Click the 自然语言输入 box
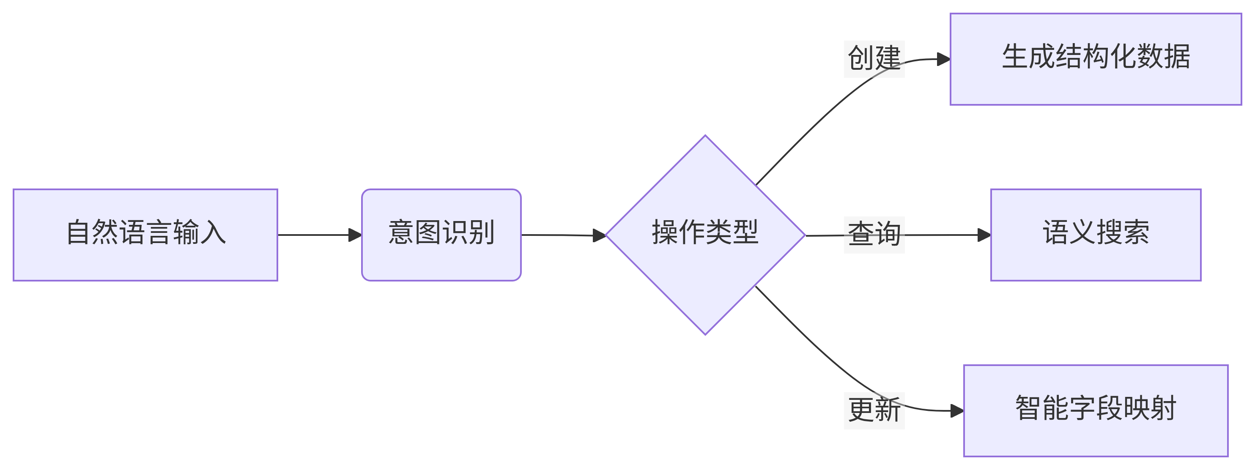pos(145,235)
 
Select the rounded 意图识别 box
pos(441,235)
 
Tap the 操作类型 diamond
pos(705,235)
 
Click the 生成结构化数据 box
pos(1096,59)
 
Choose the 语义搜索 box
pos(1096,235)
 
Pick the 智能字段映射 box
pos(1096,410)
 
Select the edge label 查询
pos(874,234)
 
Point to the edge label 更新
pos(874,410)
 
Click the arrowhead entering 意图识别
pos(355,235)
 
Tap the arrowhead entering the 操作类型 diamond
pos(599,235)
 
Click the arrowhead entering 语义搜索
pos(984,235)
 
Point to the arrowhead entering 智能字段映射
pos(957,410)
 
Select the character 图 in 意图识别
pos(428,232)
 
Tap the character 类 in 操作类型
pos(718,232)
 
